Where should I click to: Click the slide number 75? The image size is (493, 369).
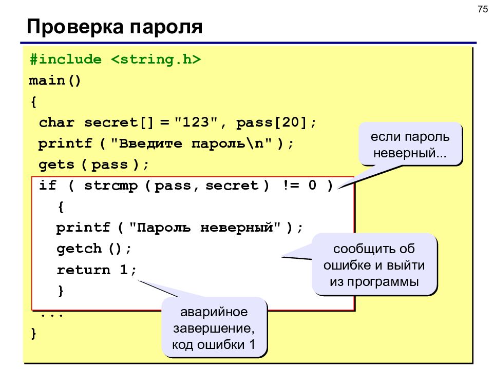(x=482, y=9)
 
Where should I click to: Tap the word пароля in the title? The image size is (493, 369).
(x=166, y=27)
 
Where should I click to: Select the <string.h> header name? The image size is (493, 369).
(x=156, y=59)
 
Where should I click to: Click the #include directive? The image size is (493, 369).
(x=66, y=59)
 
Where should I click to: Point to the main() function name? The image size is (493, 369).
(x=55, y=80)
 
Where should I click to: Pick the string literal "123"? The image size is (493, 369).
(x=196, y=122)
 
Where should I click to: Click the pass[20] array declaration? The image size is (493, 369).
(x=272, y=122)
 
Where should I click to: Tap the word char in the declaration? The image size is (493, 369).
(x=56, y=122)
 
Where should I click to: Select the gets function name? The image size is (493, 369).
(x=56, y=165)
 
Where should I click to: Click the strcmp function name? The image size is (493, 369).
(x=111, y=186)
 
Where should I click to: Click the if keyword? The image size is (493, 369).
(x=47, y=185)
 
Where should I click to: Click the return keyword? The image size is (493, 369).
(x=84, y=270)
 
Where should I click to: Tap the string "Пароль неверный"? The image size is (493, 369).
(x=205, y=227)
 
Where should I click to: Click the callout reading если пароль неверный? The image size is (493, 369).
(x=410, y=145)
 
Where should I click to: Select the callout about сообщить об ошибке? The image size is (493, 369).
(x=374, y=265)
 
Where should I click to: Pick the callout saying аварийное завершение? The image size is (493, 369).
(x=214, y=328)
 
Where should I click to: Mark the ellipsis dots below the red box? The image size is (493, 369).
(x=52, y=315)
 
